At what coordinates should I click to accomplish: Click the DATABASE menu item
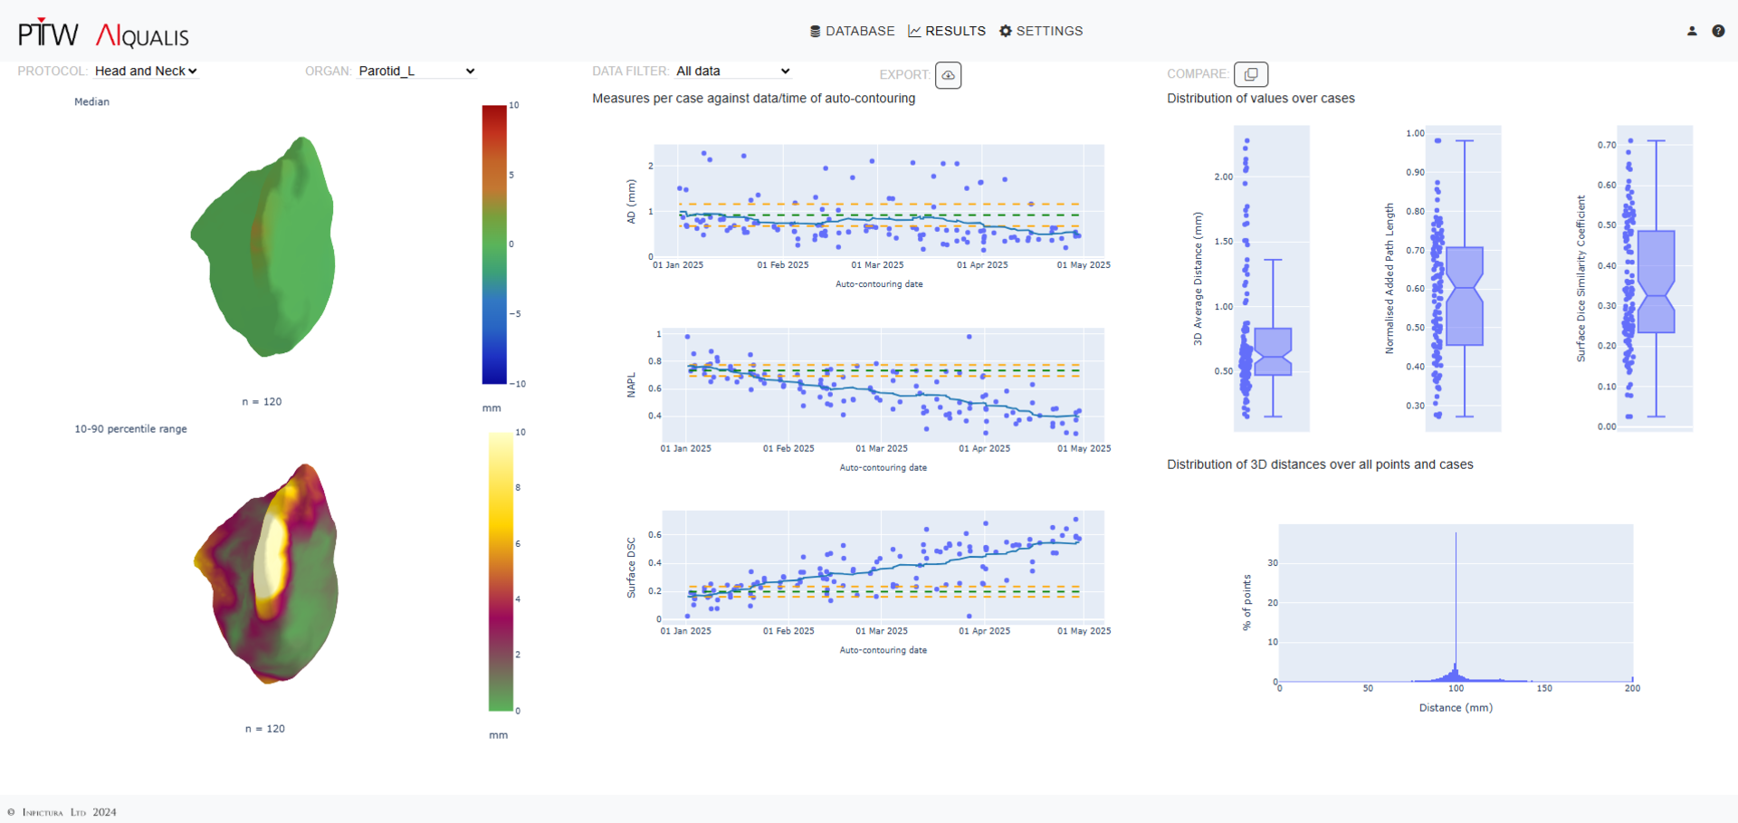point(852,31)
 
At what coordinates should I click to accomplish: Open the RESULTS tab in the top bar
point(947,31)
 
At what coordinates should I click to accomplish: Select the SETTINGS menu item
point(1041,31)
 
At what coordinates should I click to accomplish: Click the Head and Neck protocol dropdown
point(146,71)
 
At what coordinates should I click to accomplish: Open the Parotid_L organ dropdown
point(416,71)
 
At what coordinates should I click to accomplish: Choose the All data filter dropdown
point(733,71)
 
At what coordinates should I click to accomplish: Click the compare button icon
point(1251,74)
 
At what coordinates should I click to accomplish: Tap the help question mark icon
point(1718,31)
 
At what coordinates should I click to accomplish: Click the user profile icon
point(1692,31)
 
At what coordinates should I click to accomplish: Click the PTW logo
point(49,34)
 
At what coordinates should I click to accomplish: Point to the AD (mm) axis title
point(632,201)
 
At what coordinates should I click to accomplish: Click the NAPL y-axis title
point(632,385)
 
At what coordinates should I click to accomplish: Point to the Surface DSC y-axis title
point(632,568)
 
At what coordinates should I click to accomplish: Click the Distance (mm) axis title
point(1456,707)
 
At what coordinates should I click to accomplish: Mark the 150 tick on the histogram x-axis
point(1544,688)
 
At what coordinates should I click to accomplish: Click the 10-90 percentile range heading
point(130,429)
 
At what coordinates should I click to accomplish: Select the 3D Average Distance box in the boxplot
point(1273,352)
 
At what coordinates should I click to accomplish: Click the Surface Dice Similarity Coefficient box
point(1657,282)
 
